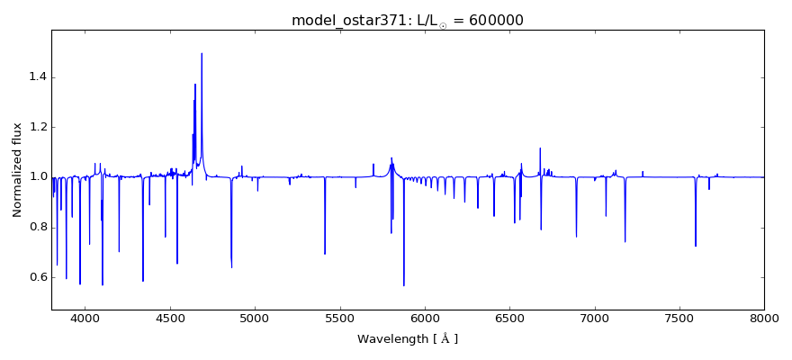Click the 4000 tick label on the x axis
[85, 318]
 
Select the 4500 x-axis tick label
[170, 318]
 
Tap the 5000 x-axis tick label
[255, 318]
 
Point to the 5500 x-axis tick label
[339, 318]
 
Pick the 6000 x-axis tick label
[425, 318]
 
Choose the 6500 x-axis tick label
[509, 318]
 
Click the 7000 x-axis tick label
[594, 318]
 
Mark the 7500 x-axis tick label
[679, 318]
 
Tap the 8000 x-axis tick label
[763, 318]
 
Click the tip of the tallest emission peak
[202, 53]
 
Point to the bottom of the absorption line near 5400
[325, 254]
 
